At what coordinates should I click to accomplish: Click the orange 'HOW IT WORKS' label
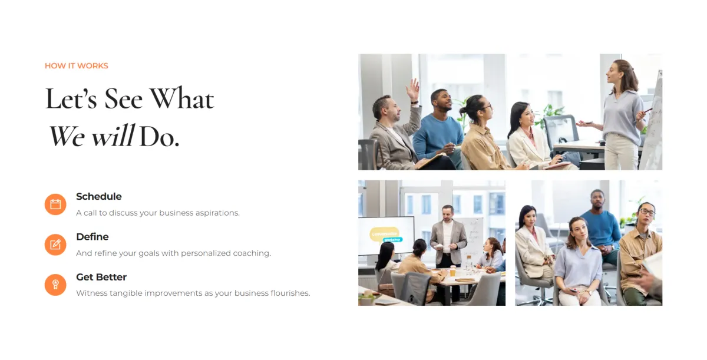click(x=77, y=65)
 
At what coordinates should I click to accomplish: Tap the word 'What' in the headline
click(x=181, y=99)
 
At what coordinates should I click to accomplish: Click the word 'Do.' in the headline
click(x=159, y=137)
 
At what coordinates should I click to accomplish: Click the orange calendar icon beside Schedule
click(x=55, y=204)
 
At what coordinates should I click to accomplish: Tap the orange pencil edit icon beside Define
click(x=55, y=245)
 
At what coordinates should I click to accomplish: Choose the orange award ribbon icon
click(x=55, y=285)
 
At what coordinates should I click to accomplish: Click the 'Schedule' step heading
click(x=99, y=196)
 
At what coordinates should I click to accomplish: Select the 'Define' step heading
click(x=92, y=237)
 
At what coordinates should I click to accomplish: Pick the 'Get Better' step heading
click(x=101, y=277)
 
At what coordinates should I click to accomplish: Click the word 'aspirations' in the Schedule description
click(x=217, y=213)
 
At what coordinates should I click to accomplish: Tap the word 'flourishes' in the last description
click(x=289, y=293)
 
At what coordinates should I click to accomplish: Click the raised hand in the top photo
click(x=413, y=89)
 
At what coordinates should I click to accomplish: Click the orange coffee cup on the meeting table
click(x=452, y=270)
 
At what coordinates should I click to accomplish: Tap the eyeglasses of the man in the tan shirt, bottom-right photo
click(x=647, y=212)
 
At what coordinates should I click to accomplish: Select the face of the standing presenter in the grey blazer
click(x=447, y=214)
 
